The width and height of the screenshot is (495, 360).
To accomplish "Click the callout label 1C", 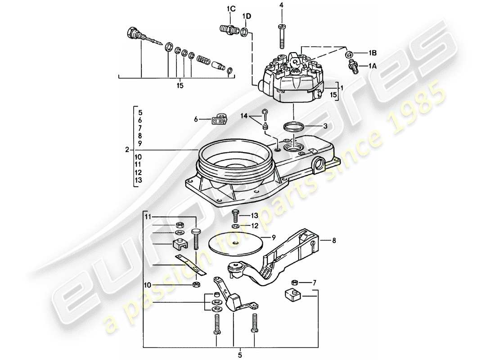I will click(231, 9).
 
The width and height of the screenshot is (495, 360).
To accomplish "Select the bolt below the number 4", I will click(281, 34).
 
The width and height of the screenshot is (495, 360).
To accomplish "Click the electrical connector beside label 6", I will click(219, 119).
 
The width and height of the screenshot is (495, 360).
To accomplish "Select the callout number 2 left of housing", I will click(128, 149).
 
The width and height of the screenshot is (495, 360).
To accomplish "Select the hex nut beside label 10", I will click(196, 284).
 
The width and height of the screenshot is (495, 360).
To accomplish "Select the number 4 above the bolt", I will click(281, 5).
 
